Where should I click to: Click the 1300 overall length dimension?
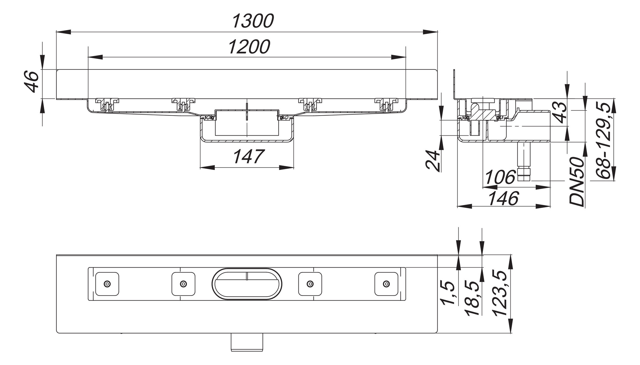(253, 21)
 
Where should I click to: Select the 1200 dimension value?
(249, 47)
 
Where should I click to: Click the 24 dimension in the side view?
(434, 161)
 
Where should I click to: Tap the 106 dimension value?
(500, 177)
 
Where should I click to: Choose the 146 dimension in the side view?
(503, 198)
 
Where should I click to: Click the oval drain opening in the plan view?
(247, 284)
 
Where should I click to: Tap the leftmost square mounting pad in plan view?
(107, 284)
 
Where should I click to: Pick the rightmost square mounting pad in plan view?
(386, 284)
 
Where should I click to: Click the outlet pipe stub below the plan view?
(247, 342)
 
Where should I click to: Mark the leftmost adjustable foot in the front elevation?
(107, 104)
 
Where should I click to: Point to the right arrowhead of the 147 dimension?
(286, 168)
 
